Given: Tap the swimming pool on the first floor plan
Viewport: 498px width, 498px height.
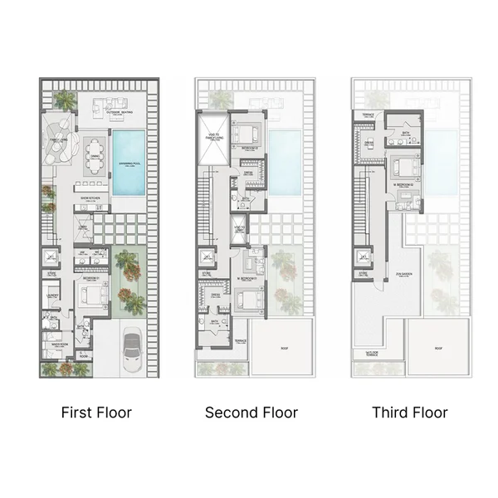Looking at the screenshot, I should coord(128,163).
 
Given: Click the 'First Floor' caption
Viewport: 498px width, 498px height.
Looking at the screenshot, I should coord(97,412).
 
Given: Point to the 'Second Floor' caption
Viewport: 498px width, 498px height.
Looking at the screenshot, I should coord(251,412).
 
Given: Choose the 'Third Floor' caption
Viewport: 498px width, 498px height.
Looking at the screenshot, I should coord(410,412).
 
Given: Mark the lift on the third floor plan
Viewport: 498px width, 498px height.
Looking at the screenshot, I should coord(363,256).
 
